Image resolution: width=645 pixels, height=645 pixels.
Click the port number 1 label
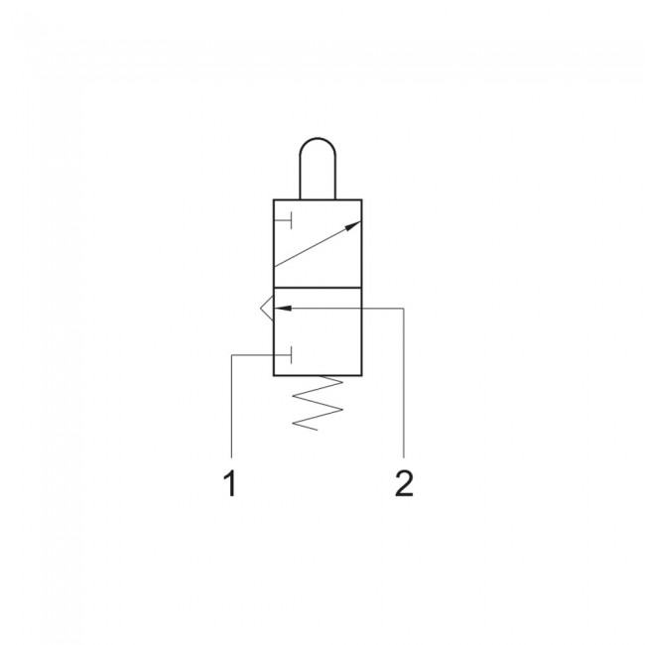(230, 485)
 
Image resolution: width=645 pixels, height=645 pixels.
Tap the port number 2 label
(403, 484)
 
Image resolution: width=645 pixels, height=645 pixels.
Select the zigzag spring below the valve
(318, 404)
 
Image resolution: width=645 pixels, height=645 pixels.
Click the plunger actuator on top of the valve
(318, 169)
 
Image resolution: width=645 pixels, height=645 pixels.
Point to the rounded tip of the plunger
(318, 145)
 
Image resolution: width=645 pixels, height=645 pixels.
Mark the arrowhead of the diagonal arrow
(353, 227)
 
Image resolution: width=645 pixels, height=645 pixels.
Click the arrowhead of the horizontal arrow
(282, 309)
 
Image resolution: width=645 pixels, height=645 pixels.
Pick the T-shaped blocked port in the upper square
(284, 218)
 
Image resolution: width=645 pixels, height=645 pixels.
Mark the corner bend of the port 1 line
(230, 354)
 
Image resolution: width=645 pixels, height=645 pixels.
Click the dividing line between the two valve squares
(318, 288)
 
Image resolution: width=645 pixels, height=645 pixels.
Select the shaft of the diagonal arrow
(316, 246)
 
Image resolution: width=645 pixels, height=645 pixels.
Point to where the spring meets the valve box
(318, 377)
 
